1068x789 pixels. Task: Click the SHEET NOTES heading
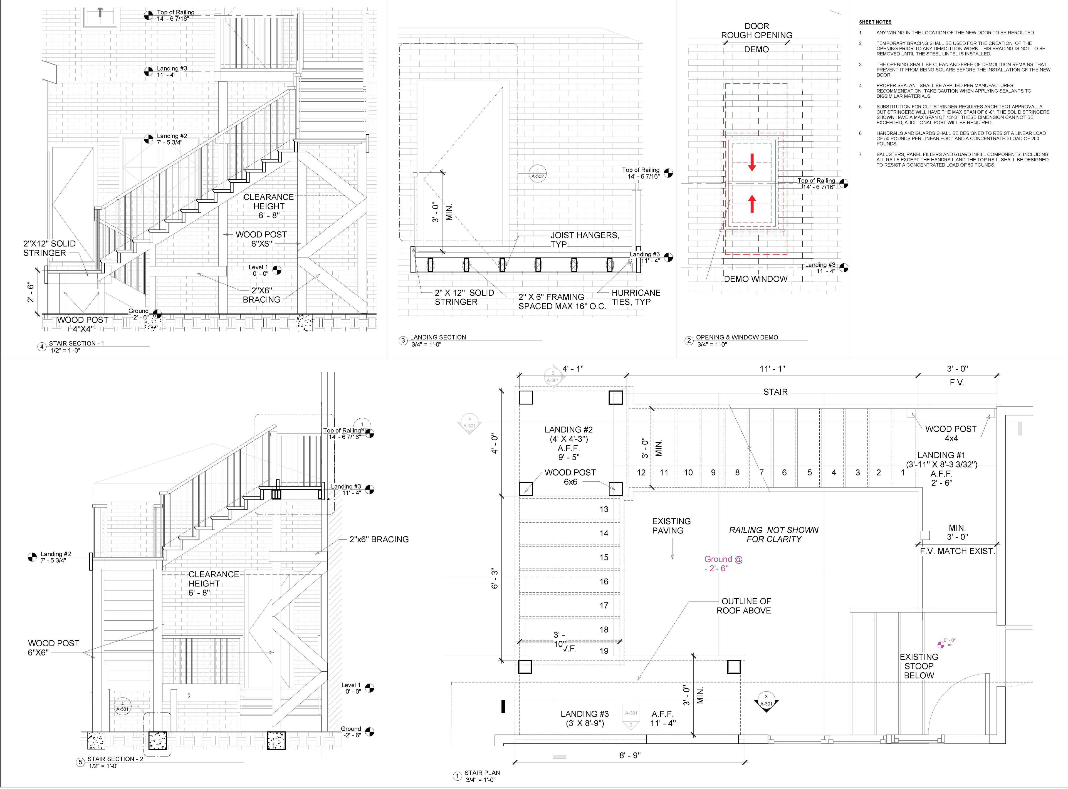coord(875,22)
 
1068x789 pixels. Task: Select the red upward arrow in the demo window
coord(752,204)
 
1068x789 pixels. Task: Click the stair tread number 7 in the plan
coord(761,472)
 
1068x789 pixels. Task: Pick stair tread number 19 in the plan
coord(604,651)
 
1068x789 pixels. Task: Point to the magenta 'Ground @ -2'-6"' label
coord(723,563)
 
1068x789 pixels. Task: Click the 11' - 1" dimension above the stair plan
coord(772,369)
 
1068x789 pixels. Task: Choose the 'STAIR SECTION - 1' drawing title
coord(76,343)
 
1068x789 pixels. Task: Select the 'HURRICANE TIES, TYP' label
coord(636,297)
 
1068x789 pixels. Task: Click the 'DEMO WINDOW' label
coord(755,279)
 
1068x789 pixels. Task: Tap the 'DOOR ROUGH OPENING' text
coord(756,31)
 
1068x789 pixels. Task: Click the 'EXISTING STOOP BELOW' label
coord(918,666)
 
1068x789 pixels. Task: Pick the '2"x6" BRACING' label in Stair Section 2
coord(379,539)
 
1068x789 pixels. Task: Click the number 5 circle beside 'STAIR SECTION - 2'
coord(81,762)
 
